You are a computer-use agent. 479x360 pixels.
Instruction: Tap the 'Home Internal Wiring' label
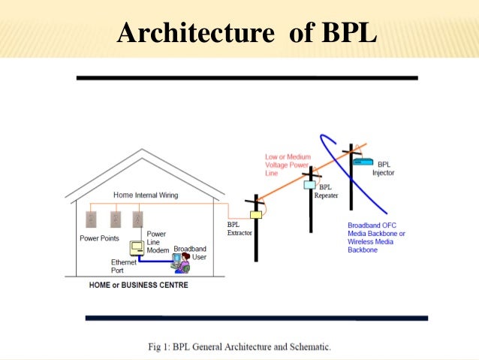[146, 195]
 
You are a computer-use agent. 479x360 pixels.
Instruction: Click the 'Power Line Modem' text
[156, 242]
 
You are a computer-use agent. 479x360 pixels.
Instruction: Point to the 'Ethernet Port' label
[124, 266]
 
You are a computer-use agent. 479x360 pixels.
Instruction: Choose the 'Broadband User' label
[190, 253]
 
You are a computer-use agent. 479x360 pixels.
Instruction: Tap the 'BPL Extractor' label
[240, 228]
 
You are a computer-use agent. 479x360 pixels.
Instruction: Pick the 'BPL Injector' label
[383, 168]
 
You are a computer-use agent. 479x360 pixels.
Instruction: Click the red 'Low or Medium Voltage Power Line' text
[288, 165]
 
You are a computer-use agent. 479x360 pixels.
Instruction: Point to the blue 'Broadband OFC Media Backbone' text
[376, 237]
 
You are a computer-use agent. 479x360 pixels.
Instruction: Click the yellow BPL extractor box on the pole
[255, 215]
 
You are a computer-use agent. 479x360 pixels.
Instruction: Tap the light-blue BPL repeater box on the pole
[309, 184]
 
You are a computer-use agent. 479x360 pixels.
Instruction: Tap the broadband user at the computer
[180, 262]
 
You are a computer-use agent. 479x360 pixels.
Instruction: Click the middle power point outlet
[115, 219]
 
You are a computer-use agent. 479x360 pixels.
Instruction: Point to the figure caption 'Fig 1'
[239, 347]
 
